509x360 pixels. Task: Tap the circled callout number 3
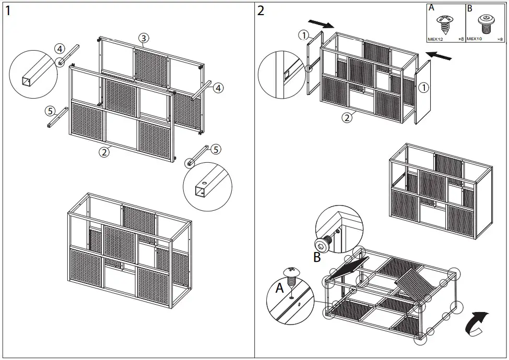click(144, 38)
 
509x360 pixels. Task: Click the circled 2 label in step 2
click(346, 117)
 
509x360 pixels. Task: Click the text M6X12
click(436, 39)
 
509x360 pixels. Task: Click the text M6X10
click(475, 39)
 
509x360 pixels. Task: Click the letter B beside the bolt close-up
click(316, 256)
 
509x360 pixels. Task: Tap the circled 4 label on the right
click(218, 88)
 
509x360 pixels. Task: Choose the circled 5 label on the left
click(50, 111)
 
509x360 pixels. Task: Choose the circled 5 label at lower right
click(216, 149)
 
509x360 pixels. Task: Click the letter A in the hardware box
click(431, 8)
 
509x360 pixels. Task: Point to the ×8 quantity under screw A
click(460, 39)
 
